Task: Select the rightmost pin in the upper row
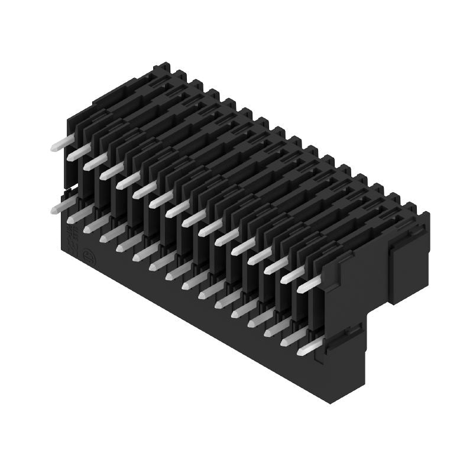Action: click(312, 284)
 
